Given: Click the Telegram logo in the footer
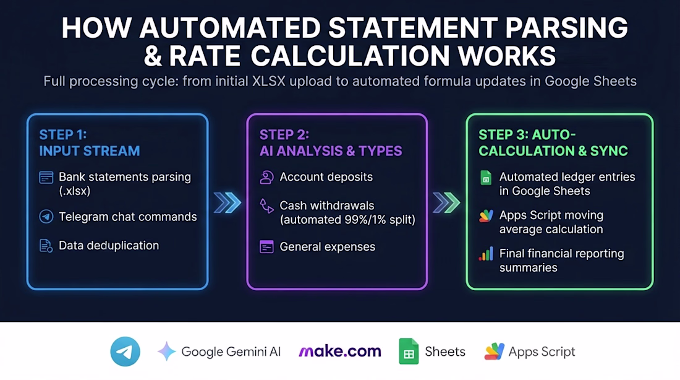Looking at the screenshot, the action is coord(125,352).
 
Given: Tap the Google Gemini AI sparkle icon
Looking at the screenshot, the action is coord(166,352).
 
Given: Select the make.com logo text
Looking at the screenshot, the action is coord(340,352).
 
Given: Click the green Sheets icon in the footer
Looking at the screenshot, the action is coord(409,351).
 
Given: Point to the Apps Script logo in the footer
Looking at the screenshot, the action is coord(495,351).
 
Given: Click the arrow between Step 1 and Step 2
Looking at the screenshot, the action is coord(227,202).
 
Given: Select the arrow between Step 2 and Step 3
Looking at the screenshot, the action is coord(446,202).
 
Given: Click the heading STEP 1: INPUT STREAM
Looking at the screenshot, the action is coord(90,143).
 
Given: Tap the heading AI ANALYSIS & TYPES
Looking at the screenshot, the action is coord(331,151).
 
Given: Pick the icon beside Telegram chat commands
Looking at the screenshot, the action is coord(46,216).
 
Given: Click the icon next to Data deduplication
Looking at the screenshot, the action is coord(46,246).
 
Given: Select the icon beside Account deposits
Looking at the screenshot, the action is coord(266,177).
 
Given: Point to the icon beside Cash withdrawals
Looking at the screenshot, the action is coord(266,206).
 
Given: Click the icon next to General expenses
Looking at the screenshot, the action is coord(266,247).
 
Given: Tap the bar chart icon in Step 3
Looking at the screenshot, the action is coord(486,254).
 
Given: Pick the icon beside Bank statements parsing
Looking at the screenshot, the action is coord(46,177).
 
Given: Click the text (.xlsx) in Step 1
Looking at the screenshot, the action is coord(75,191).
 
